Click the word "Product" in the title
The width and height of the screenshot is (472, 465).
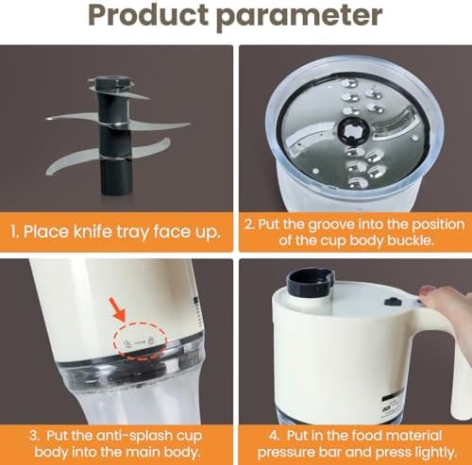point(148,14)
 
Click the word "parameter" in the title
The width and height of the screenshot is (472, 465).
point(299,17)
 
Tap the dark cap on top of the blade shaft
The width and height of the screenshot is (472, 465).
point(111,83)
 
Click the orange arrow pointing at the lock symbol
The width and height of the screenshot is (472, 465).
point(118,308)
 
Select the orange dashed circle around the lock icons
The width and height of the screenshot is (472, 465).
point(140,340)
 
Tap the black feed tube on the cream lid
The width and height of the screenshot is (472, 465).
point(311,283)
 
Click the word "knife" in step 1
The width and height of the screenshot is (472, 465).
point(93,232)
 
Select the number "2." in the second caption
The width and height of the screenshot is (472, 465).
point(249,225)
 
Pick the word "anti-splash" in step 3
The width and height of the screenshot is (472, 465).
point(131,437)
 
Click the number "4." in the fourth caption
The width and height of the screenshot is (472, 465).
point(275,436)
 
